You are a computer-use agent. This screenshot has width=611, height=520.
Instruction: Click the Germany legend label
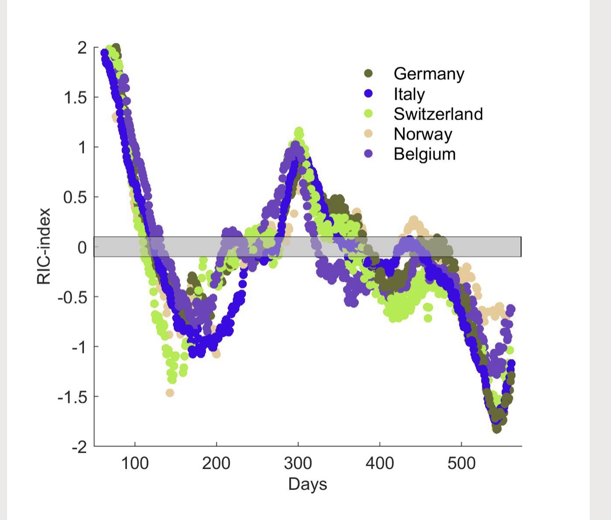[428, 74]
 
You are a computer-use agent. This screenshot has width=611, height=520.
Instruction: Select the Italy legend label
[409, 94]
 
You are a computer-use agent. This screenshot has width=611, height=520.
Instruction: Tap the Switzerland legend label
[438, 114]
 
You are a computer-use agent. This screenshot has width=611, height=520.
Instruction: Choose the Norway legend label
[422, 134]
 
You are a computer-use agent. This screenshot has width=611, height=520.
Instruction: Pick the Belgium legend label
[424, 154]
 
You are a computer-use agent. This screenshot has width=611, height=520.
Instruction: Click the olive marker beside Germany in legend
[369, 74]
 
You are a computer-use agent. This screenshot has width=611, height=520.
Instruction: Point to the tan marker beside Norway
[369, 134]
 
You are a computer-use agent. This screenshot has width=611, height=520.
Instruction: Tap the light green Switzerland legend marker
[369, 114]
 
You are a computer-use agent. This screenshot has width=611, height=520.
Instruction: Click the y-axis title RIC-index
[44, 246]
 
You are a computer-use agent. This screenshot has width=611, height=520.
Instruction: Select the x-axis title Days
[308, 484]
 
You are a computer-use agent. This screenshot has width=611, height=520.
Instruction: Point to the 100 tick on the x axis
[135, 463]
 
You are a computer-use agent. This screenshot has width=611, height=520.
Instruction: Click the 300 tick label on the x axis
[298, 463]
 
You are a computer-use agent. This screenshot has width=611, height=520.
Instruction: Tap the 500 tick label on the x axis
[461, 463]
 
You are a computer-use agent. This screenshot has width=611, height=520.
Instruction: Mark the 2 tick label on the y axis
[82, 48]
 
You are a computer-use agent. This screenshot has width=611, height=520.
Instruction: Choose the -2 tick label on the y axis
[78, 447]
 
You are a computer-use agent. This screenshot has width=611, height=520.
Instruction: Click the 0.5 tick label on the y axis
[75, 197]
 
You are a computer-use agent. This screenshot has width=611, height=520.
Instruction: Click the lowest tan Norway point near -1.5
[170, 393]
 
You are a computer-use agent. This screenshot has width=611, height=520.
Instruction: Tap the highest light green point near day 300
[299, 132]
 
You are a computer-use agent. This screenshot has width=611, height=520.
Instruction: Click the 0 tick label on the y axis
[82, 247]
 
